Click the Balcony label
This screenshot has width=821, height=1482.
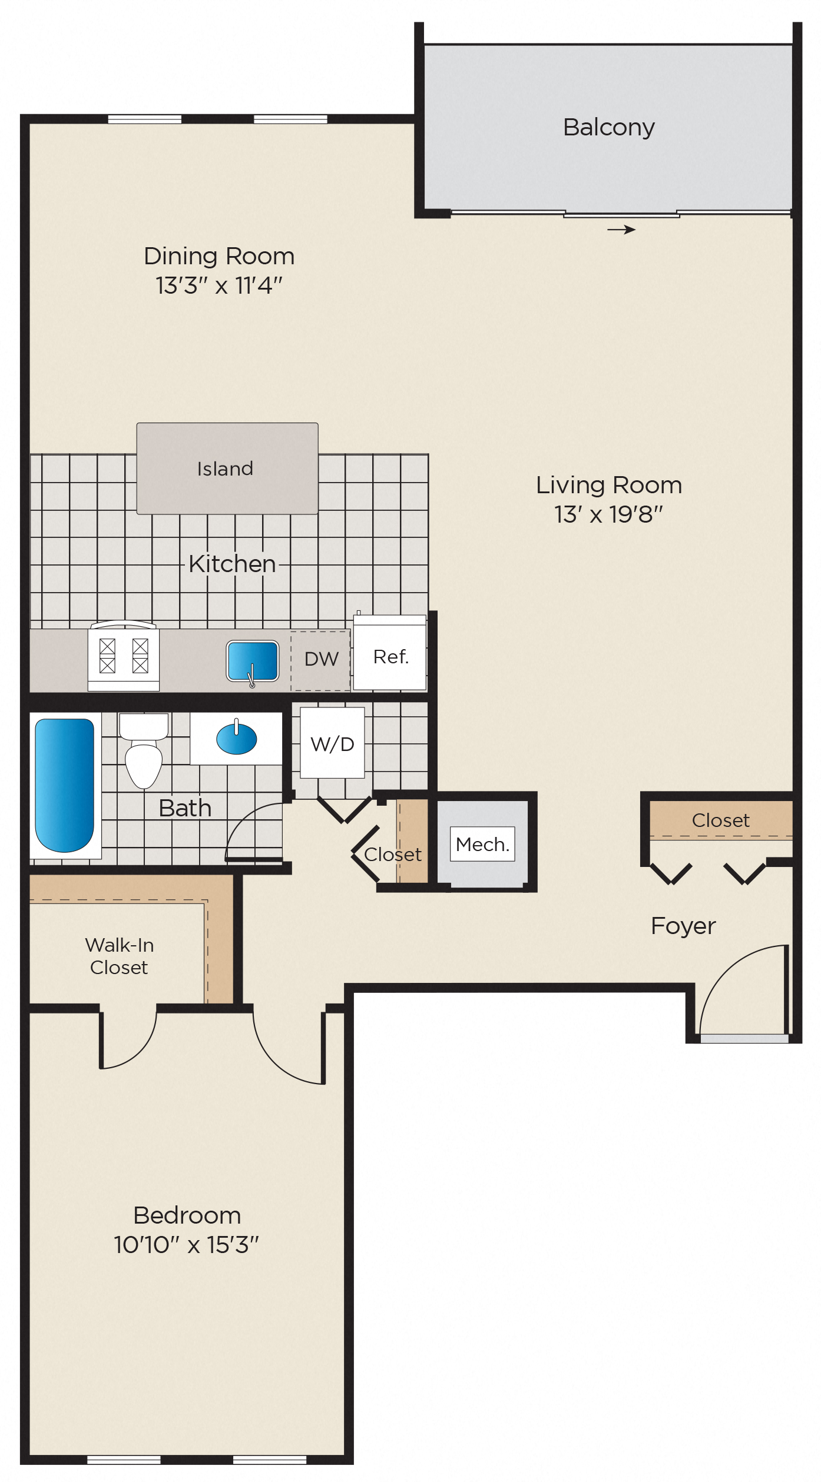608,127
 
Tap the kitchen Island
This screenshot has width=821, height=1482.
227,468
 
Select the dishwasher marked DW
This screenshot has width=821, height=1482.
321,659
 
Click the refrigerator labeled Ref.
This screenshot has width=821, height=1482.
390,656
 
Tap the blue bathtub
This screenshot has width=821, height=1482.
64,785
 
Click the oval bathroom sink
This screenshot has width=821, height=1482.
236,739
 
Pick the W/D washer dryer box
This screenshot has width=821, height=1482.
332,744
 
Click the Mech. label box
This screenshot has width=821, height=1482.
482,844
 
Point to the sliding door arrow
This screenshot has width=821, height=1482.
621,230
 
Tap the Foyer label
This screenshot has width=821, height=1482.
683,926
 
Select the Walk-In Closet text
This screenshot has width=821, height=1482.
119,956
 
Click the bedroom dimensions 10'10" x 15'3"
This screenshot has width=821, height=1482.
186,1245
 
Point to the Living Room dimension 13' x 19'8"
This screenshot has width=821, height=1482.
608,514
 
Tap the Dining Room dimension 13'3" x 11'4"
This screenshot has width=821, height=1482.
219,285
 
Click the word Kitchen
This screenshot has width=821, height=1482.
232,564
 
